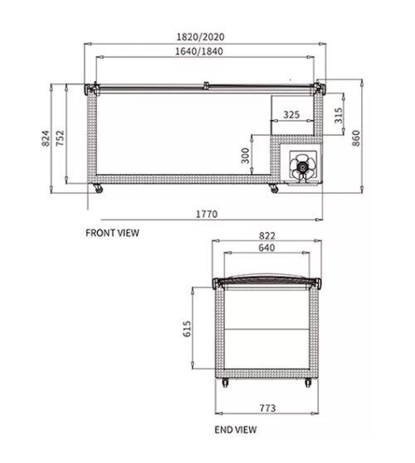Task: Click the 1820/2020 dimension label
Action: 201,37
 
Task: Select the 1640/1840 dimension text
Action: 199,51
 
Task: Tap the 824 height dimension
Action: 46,138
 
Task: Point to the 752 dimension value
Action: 60,138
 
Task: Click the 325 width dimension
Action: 291,114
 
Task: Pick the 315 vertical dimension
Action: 339,115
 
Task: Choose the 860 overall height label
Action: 356,138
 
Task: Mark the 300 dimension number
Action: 245,156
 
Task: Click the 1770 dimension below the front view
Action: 207,214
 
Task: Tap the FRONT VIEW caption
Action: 112,233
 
